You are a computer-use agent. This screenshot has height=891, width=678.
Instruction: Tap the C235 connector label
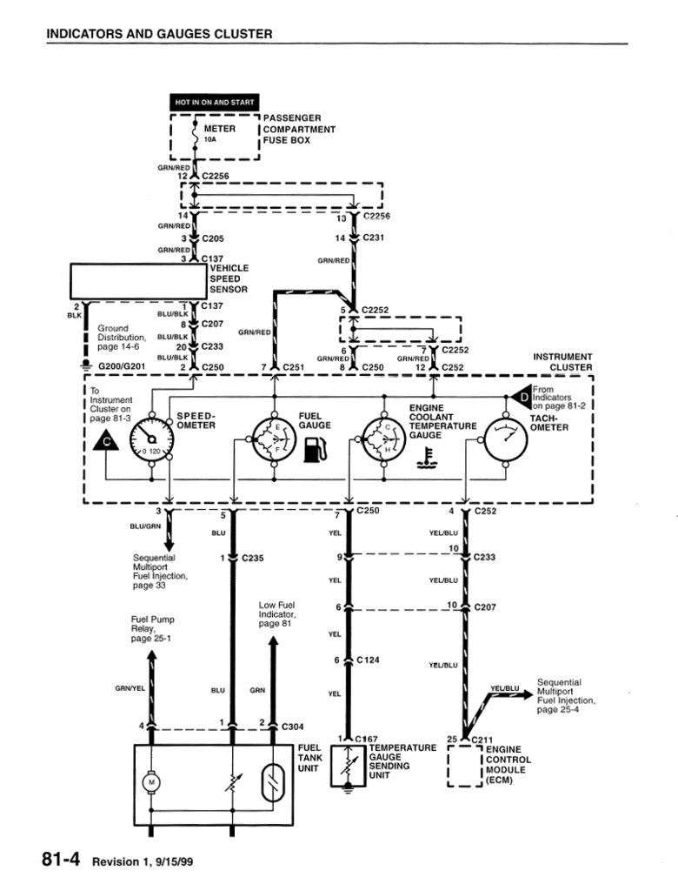[253, 557]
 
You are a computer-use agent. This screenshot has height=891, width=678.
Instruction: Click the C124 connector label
[369, 660]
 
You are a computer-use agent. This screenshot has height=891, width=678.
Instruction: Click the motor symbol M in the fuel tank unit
[152, 781]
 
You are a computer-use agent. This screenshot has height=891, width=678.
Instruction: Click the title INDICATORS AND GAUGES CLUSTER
[159, 34]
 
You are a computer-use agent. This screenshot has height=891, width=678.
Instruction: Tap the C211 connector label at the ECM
[482, 740]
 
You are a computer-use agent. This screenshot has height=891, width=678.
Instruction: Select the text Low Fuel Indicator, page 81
[278, 614]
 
